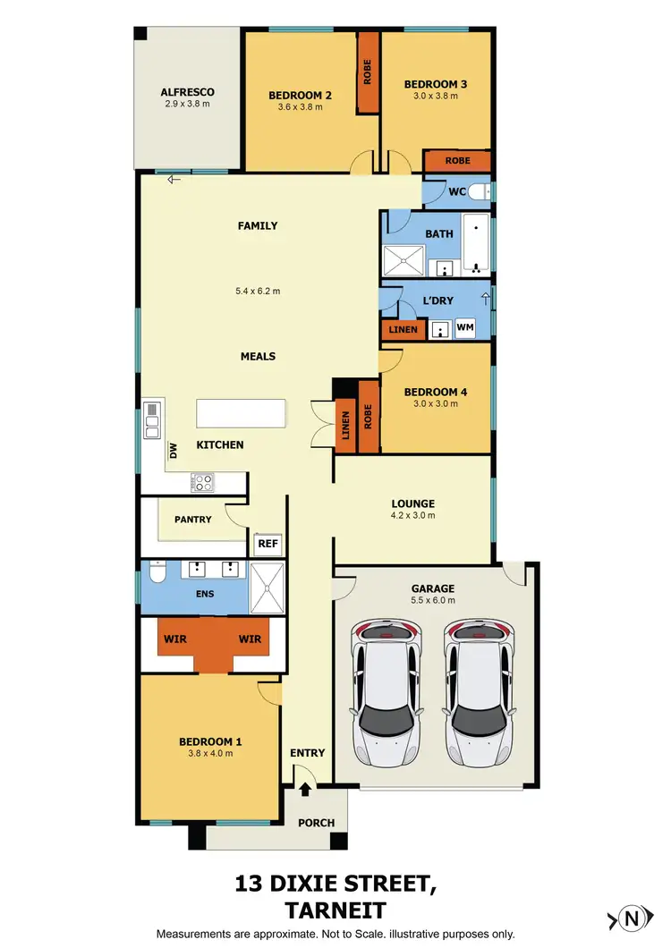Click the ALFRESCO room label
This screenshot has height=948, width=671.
coord(187,92)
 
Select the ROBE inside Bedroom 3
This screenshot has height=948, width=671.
coord(457,161)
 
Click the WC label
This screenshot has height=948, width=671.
coord(456,191)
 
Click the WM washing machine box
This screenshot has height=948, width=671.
coord(465,329)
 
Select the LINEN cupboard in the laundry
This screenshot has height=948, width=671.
coord(403,330)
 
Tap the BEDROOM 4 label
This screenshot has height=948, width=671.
coord(436,392)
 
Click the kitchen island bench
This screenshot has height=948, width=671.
coord(241,413)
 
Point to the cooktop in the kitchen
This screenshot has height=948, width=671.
coord(202,482)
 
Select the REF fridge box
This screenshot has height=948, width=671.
coord(268,543)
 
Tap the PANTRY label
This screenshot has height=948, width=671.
coord(192,520)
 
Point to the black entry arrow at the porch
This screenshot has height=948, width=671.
coord(306,788)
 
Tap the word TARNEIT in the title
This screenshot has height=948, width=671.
coord(335,910)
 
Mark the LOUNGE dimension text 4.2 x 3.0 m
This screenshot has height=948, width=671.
coord(412,516)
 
